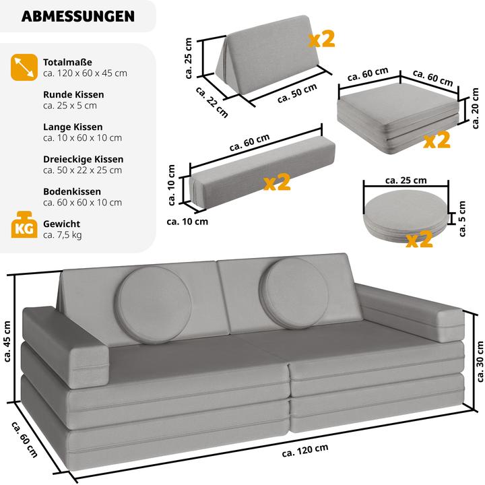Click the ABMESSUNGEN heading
77,16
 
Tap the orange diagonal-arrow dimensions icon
24,67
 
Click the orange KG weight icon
24,228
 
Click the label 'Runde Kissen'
73,95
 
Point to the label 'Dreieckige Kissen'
83,159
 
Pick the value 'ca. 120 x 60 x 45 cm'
85,73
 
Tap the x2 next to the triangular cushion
321,38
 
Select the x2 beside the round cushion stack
419,239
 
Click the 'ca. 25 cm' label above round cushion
406,180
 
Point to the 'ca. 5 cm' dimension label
462,218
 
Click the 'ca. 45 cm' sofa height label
9,341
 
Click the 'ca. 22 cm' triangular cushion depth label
211,104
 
